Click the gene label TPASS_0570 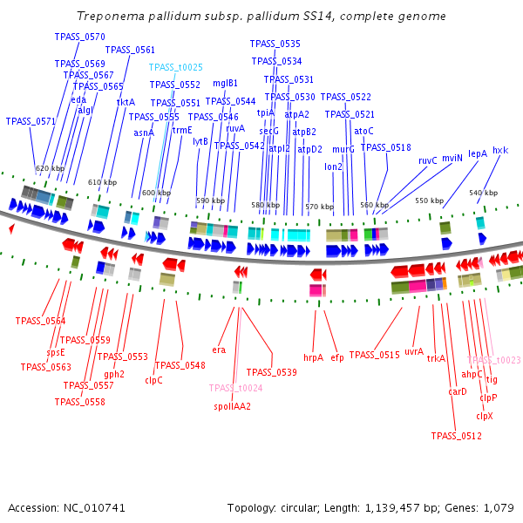[79, 37]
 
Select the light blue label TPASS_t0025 [175, 67]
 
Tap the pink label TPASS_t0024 [235, 388]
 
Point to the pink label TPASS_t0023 [493, 360]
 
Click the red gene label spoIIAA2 [232, 406]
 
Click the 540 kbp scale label [483, 193]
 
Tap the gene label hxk [500, 150]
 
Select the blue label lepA [478, 153]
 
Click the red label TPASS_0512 [457, 436]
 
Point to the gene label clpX [485, 416]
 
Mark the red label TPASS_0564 [40, 321]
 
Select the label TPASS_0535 [275, 44]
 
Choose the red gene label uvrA [414, 351]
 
